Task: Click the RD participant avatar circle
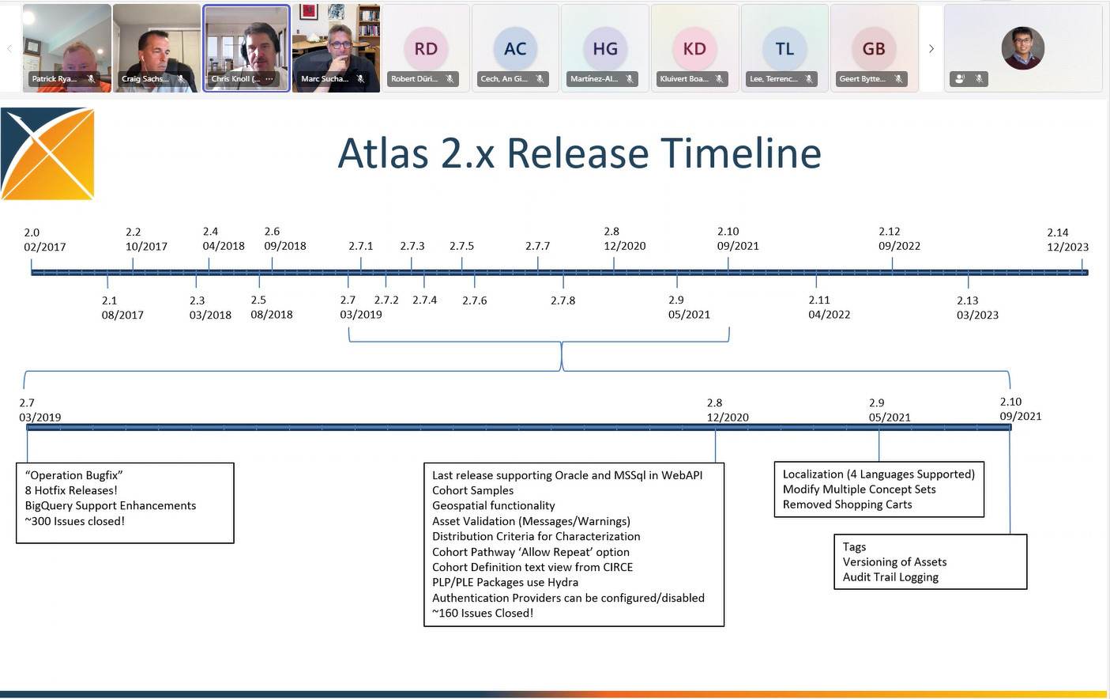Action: [426, 49]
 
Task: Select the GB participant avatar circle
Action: [873, 49]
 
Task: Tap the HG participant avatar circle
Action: [605, 49]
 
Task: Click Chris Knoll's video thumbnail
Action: [246, 47]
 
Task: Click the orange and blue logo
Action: [48, 153]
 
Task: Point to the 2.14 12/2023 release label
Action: [1067, 240]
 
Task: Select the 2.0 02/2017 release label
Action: [45, 240]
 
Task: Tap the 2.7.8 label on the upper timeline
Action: [563, 300]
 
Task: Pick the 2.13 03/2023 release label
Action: [977, 308]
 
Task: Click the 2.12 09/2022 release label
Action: [899, 239]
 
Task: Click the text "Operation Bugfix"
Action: [74, 475]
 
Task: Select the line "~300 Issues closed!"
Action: [75, 521]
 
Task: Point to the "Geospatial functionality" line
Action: [494, 505]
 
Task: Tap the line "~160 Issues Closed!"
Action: [483, 613]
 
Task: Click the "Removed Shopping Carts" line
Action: [847, 504]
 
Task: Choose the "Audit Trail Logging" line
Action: [890, 577]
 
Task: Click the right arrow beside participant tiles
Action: [931, 49]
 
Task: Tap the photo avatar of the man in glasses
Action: [1022, 48]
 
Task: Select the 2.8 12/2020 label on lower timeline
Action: [728, 410]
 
